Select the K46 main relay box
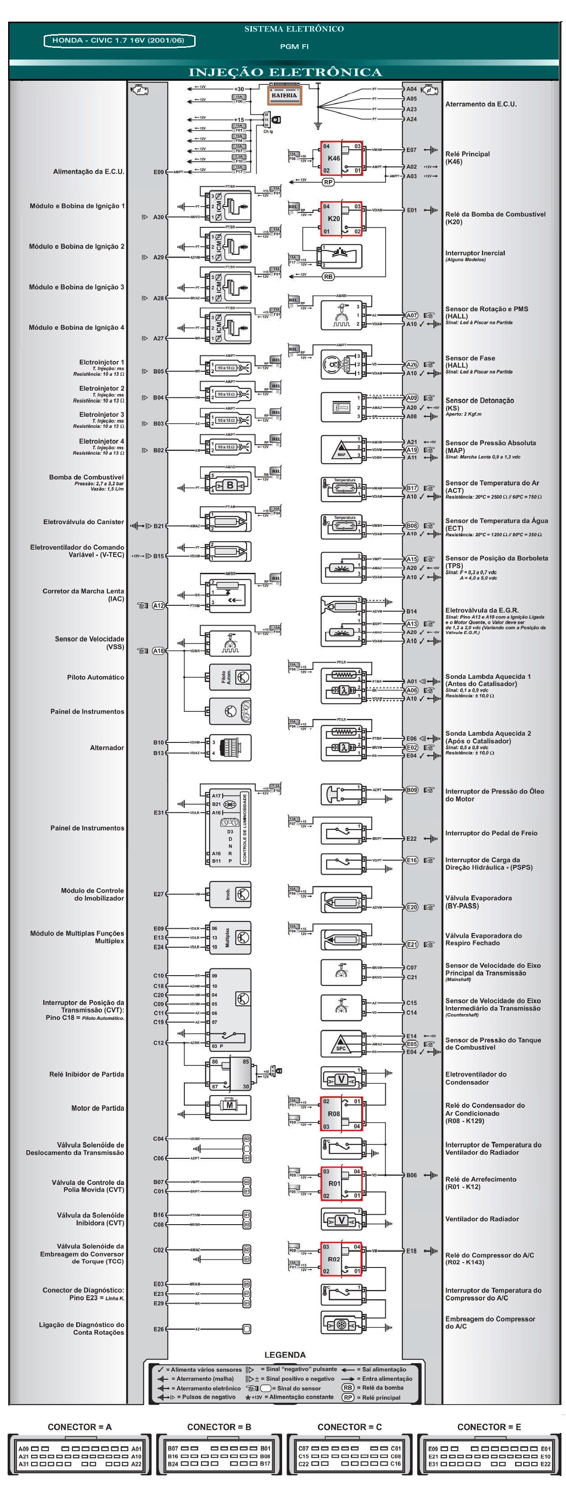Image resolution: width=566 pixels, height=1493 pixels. click(341, 158)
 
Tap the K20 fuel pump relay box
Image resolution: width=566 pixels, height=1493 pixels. click(341, 218)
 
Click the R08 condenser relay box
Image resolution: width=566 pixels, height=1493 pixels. click(341, 1113)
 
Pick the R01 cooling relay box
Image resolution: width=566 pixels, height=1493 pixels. click(341, 1183)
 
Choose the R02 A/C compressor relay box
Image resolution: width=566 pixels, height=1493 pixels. click(341, 1259)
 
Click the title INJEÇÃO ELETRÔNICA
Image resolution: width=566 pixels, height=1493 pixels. click(285, 73)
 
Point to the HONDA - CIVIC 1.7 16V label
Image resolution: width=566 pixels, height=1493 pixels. click(119, 41)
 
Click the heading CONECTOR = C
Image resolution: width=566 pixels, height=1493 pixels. click(349, 1427)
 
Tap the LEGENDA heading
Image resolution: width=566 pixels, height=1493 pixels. click(285, 1355)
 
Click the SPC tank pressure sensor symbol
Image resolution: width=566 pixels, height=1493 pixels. click(341, 1044)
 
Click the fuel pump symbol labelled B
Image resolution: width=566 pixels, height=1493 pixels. click(230, 485)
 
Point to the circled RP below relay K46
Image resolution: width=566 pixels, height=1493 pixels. click(329, 182)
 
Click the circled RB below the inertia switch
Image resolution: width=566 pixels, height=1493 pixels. click(329, 276)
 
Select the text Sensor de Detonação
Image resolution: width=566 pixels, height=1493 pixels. click(479, 401)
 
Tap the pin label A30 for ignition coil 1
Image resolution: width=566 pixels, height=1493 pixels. click(158, 217)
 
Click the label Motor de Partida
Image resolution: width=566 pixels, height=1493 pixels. click(97, 1108)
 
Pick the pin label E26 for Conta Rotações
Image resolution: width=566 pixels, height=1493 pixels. click(158, 1329)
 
